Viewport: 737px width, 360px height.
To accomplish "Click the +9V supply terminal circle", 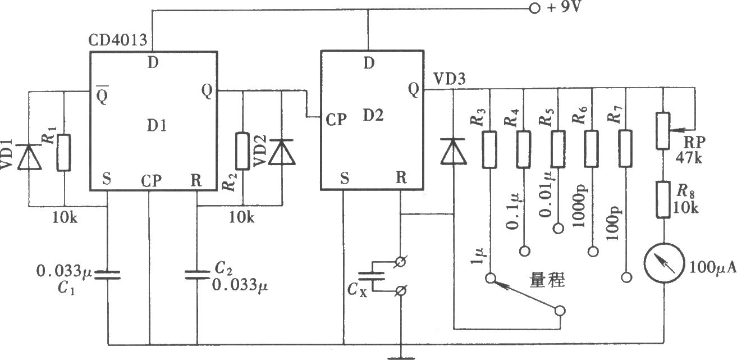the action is (534, 8).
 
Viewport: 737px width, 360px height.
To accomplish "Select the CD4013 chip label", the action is (117, 40).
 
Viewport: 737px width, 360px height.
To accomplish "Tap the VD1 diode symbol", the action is (29, 157).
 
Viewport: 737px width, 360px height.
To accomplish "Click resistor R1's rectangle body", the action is (64, 153).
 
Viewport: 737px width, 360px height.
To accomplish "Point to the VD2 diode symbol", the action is (282, 152).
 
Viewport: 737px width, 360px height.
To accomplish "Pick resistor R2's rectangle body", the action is (243, 151).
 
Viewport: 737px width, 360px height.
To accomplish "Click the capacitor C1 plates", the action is (108, 275).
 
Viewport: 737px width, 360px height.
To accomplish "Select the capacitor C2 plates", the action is (197, 275).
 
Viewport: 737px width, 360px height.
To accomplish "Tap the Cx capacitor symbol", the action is (371, 276).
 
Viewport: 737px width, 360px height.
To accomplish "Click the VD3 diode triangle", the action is (453, 151).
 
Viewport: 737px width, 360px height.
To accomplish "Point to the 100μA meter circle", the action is (664, 263).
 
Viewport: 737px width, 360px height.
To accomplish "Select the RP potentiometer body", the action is (663, 131).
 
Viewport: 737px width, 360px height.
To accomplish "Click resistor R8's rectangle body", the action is (663, 200).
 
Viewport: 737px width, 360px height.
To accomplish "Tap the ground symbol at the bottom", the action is (401, 358).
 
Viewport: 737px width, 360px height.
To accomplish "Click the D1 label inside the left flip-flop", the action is (157, 125).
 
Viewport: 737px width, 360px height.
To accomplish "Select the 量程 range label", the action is (547, 280).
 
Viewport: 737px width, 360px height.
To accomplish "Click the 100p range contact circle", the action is (627, 277).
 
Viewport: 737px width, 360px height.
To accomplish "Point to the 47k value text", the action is (689, 158).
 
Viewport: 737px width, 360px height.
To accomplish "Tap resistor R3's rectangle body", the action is (489, 150).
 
